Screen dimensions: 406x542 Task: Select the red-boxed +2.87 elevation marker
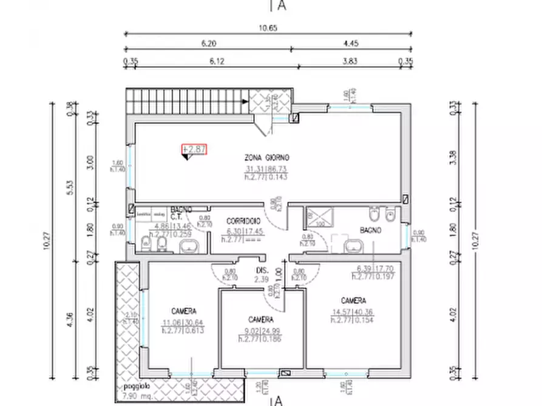tap(194, 148)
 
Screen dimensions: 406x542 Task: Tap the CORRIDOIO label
tap(243, 221)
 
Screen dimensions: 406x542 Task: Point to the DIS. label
tap(261, 270)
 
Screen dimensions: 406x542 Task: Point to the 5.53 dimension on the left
tap(70, 187)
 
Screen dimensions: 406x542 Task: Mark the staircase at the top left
tap(188, 100)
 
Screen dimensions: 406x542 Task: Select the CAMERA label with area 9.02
tap(261, 319)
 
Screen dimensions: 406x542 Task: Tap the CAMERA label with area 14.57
tap(353, 301)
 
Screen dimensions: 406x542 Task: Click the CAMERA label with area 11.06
tap(182, 311)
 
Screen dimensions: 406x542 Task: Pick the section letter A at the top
tap(281, 6)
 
